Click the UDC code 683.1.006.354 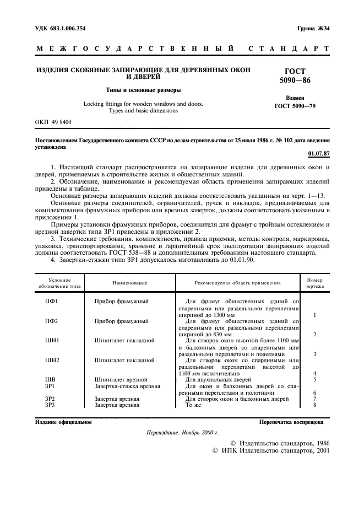[61, 28]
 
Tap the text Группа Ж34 [310, 28]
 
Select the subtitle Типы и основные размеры [143, 90]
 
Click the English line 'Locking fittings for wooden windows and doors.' [143, 104]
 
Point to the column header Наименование [130, 283]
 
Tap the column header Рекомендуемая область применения [238, 283]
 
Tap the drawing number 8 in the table [314, 405]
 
